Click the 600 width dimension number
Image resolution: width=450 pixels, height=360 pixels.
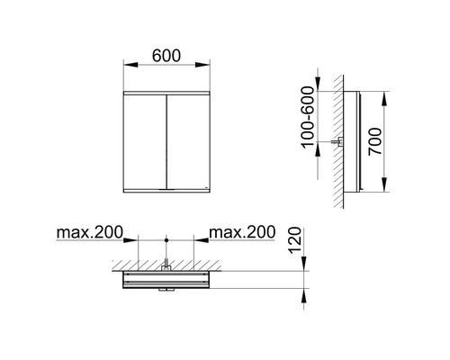(x=166, y=54)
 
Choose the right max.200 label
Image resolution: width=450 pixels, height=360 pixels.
(x=241, y=233)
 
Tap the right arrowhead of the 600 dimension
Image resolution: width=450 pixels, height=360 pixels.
(x=208, y=65)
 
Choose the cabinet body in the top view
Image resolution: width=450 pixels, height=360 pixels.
(x=166, y=281)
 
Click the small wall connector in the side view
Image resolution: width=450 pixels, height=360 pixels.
(x=338, y=141)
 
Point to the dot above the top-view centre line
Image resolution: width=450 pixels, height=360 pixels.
(x=166, y=239)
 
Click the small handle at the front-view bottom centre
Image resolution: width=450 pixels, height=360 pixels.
(x=166, y=190)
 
